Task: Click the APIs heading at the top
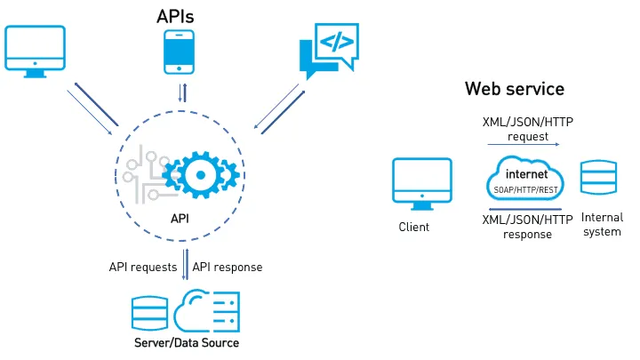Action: pos(175,15)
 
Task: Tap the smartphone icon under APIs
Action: pos(179,52)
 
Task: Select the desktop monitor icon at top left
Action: pos(35,52)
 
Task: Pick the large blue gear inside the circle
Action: pos(198,174)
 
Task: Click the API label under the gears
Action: pos(179,218)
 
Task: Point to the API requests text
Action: pos(143,267)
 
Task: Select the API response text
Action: pos(228,267)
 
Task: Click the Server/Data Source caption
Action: pos(187,343)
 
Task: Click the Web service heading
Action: pos(514,90)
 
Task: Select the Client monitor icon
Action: pos(421,183)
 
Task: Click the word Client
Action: pos(414,227)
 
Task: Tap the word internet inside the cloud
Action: pos(526,174)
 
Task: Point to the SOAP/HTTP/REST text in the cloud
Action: pos(526,190)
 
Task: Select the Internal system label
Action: pos(602,225)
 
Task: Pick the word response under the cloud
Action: pos(526,235)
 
